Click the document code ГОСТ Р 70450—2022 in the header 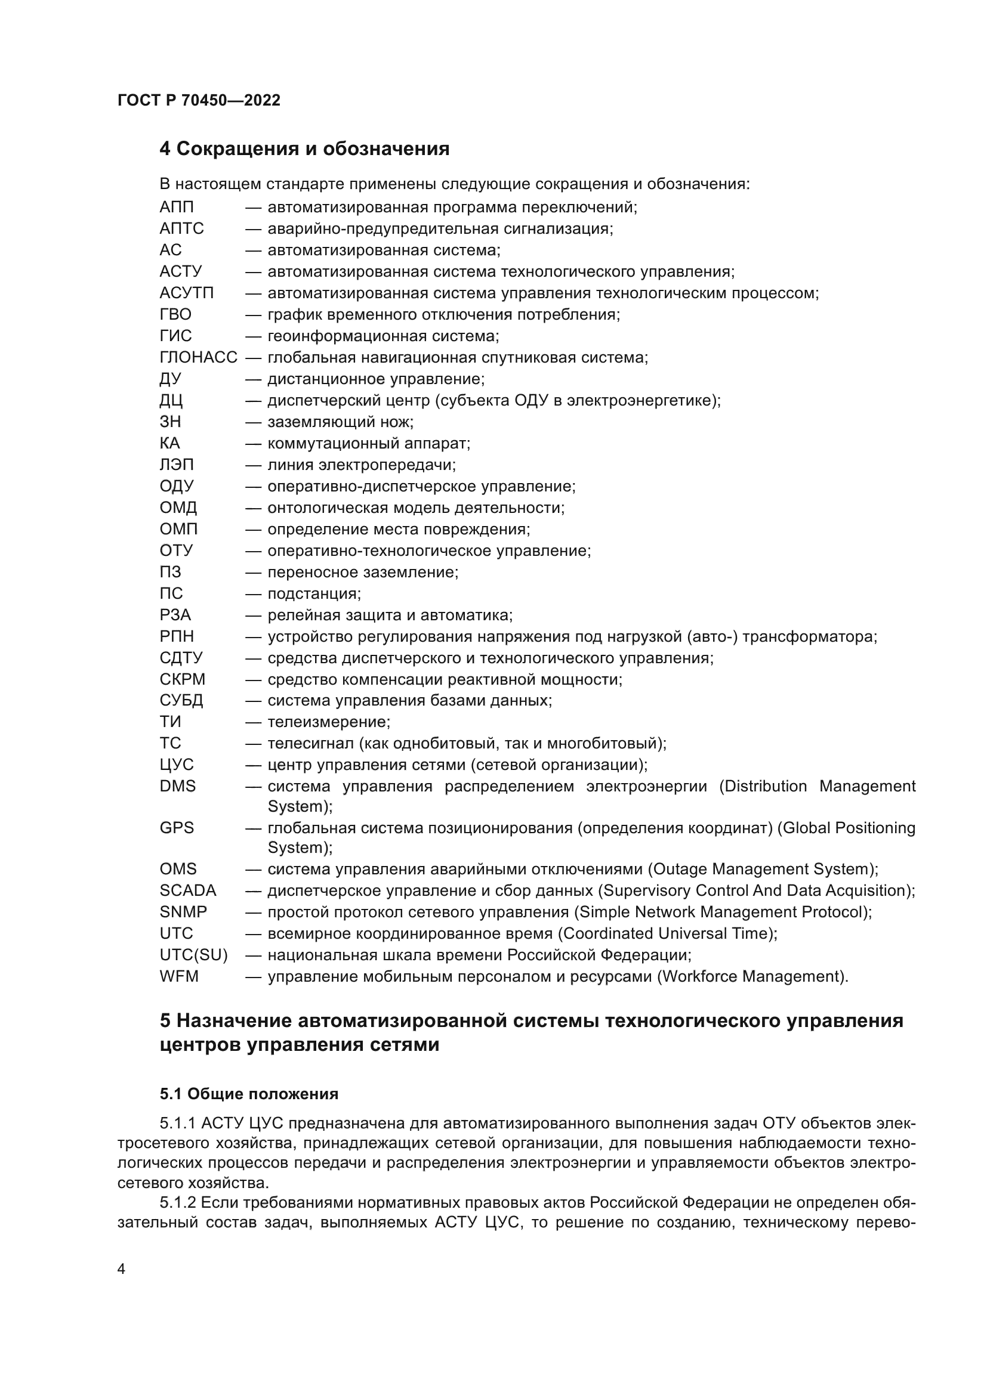pyautogui.click(x=199, y=100)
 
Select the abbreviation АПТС pyautogui.click(x=181, y=228)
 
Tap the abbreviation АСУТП pyautogui.click(x=187, y=293)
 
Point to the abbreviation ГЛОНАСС pyautogui.click(x=198, y=357)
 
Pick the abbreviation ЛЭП pyautogui.click(x=176, y=465)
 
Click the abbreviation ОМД pyautogui.click(x=178, y=508)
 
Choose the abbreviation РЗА pyautogui.click(x=175, y=615)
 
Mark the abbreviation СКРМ pyautogui.click(x=183, y=679)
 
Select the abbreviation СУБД pyautogui.click(x=181, y=701)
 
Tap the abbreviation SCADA pyautogui.click(x=188, y=890)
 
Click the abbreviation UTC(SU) pyautogui.click(x=193, y=955)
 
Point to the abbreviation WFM pyautogui.click(x=178, y=976)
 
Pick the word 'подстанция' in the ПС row pyautogui.click(x=314, y=593)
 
